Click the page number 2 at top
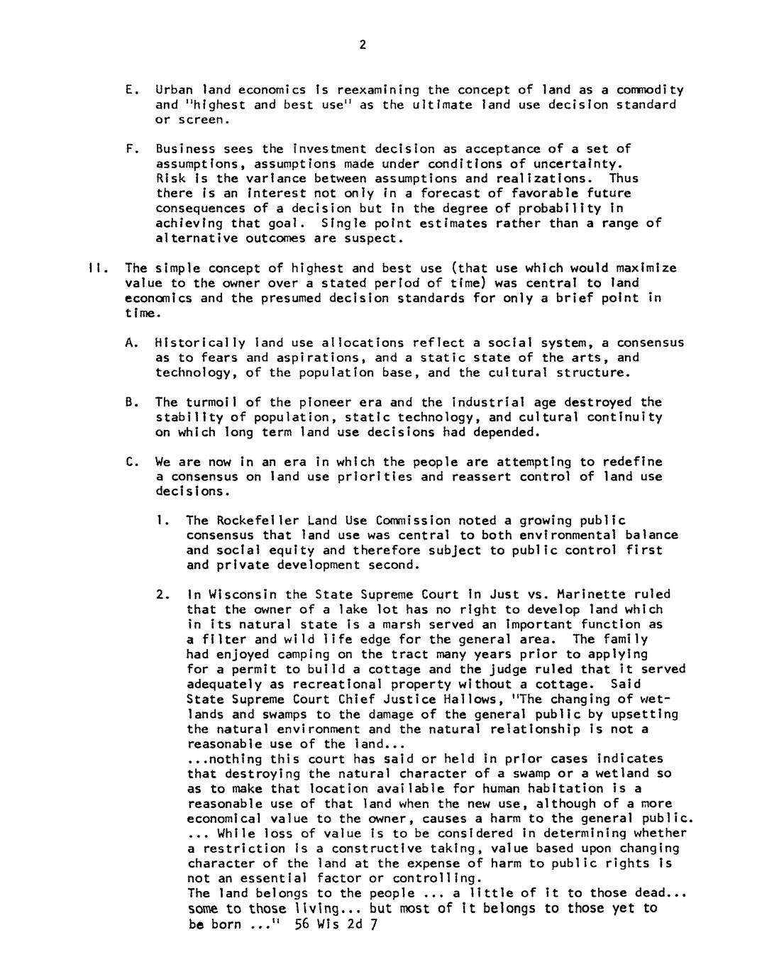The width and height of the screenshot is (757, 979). (363, 45)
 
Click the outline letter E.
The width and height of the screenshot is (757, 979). (128, 90)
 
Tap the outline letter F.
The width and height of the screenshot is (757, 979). (128, 149)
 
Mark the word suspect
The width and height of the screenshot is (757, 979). (377, 238)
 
